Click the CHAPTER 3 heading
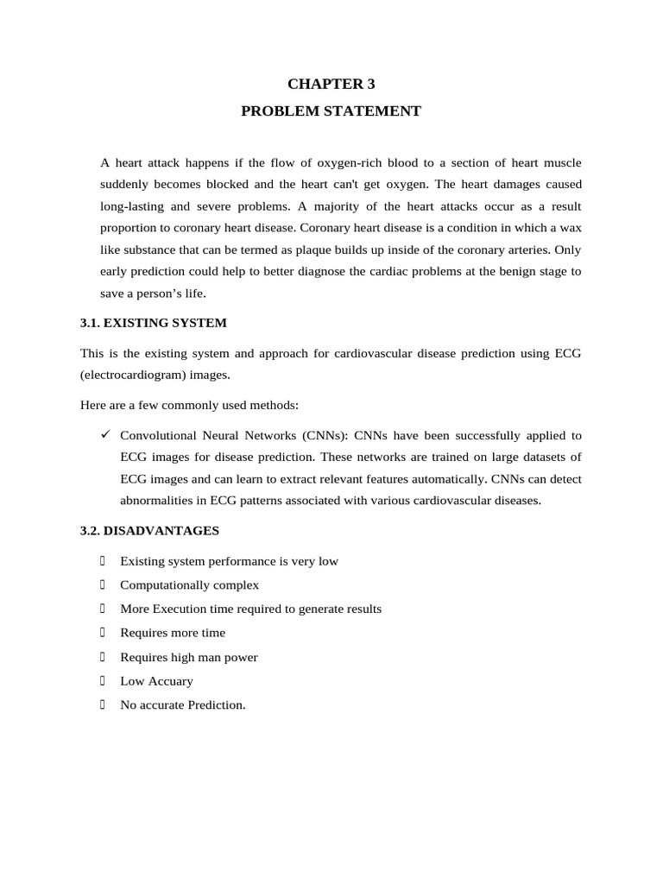tap(331, 84)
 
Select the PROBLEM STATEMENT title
tap(331, 111)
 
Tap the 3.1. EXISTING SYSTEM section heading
tap(153, 323)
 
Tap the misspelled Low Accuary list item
tap(156, 681)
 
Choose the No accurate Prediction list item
tap(182, 705)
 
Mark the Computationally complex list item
tap(189, 585)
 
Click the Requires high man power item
tap(188, 657)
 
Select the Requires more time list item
tap(172, 633)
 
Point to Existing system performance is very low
tap(229, 561)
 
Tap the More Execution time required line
tap(250, 609)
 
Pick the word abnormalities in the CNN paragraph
tap(156, 501)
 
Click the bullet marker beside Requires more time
tap(102, 633)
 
